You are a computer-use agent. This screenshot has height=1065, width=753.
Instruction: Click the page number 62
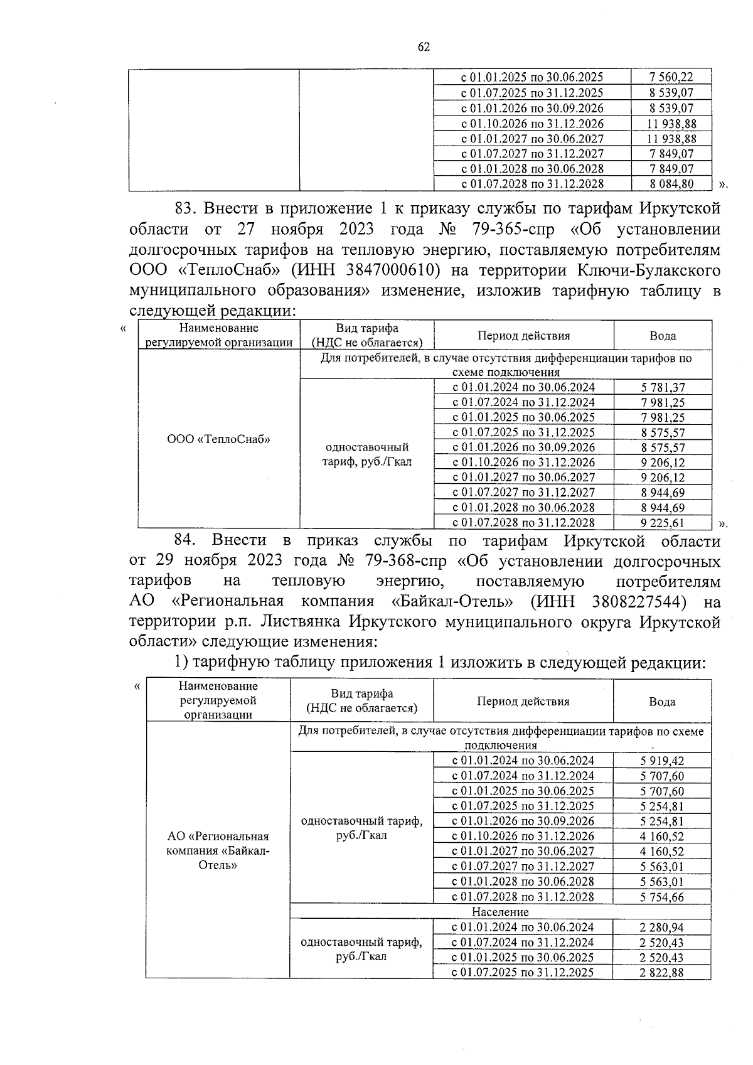pyautogui.click(x=424, y=47)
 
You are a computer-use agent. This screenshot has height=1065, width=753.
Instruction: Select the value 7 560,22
pyautogui.click(x=671, y=77)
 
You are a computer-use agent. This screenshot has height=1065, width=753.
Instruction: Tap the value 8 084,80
pyautogui.click(x=671, y=184)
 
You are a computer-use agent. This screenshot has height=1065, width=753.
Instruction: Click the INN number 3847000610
pyautogui.click(x=383, y=270)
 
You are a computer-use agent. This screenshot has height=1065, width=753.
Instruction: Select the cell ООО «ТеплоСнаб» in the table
pyautogui.click(x=218, y=439)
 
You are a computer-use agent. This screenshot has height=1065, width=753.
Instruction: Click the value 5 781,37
pyautogui.click(x=663, y=388)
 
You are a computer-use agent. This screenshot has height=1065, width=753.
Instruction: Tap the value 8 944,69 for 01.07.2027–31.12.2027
pyautogui.click(x=663, y=493)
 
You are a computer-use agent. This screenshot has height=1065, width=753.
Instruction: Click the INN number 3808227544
pyautogui.click(x=638, y=602)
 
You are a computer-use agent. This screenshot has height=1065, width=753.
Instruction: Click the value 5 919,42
pyautogui.click(x=662, y=761)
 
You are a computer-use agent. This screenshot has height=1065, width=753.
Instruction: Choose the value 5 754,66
pyautogui.click(x=662, y=897)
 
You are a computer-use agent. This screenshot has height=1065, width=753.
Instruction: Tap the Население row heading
pyautogui.click(x=500, y=912)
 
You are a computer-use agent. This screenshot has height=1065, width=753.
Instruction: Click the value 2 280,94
pyautogui.click(x=662, y=928)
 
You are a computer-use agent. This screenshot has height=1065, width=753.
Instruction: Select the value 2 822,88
pyautogui.click(x=662, y=973)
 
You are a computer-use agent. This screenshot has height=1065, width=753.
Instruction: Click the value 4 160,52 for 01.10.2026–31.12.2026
pyautogui.click(x=662, y=837)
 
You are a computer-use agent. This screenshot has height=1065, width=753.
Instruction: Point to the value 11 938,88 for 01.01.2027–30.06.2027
pyautogui.click(x=671, y=139)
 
